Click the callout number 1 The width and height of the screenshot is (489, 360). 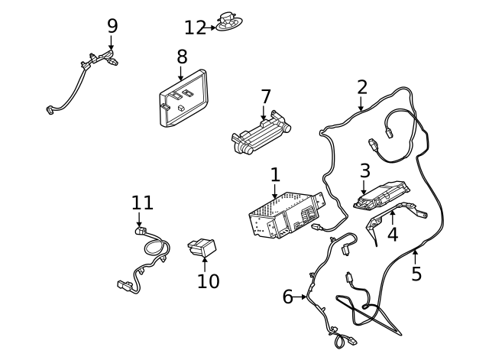pos(275,175)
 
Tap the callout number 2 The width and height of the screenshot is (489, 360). pos(362,86)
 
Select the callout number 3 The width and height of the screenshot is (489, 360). pos(365,171)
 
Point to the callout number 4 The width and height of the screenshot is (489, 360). pos(393,234)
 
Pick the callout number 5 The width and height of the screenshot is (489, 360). pos(416,273)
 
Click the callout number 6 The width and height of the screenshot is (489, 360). pos(287,297)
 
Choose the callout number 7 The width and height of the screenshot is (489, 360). pos(265,97)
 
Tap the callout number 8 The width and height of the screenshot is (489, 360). pos(182,56)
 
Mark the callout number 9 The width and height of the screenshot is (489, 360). pos(112,25)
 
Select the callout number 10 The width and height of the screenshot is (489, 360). pos(208,281)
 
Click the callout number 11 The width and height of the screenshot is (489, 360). pos(142,203)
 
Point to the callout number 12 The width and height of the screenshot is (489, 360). pos(195,28)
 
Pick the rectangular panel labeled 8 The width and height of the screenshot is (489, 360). pos(183,99)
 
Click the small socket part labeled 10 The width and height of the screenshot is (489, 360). pos(203,248)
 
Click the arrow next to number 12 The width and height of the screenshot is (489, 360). pos(212,28)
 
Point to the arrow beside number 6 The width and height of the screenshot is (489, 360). pos(301,297)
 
